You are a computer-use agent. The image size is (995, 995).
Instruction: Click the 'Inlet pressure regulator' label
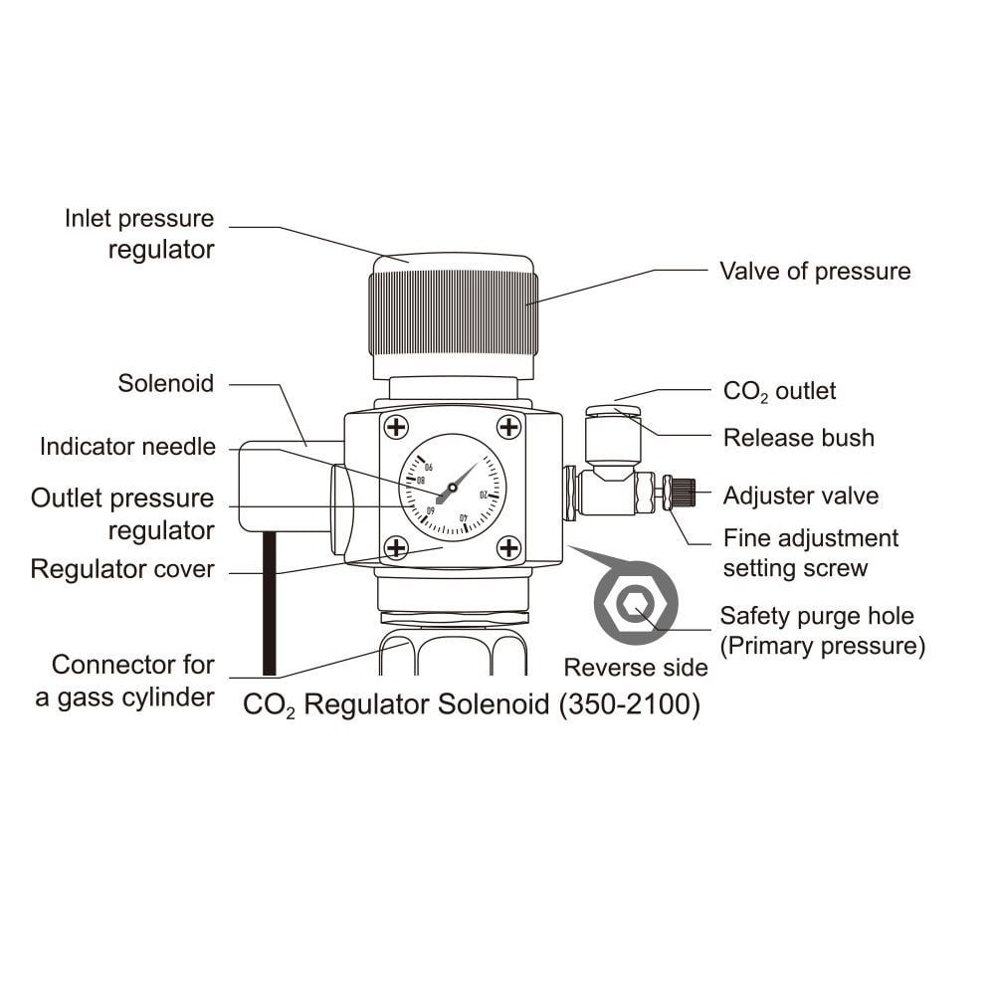point(139,234)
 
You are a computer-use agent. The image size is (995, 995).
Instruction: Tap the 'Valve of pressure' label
point(815,271)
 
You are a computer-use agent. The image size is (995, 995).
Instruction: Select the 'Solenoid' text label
point(165,383)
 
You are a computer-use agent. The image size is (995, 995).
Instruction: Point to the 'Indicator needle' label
point(127,447)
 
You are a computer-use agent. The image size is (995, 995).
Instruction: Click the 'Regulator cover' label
point(122,569)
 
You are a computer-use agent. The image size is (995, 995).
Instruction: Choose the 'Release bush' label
point(799,438)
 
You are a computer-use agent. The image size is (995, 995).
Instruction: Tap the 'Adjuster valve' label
point(801,495)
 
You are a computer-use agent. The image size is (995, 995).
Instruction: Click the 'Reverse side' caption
point(636,667)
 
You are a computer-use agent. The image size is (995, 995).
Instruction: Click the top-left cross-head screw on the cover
point(396,428)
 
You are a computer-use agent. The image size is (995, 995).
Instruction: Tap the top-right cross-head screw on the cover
point(508,428)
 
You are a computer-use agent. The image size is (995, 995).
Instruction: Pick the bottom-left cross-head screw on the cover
point(396,547)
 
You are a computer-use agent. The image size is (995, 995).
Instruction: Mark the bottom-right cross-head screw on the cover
point(508,547)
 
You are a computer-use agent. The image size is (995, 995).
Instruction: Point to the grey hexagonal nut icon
point(635,603)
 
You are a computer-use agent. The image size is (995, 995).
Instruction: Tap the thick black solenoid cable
point(268,603)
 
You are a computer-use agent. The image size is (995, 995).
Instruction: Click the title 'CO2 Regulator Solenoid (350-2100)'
point(472,705)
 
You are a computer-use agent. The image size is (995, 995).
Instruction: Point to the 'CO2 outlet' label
point(779,391)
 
